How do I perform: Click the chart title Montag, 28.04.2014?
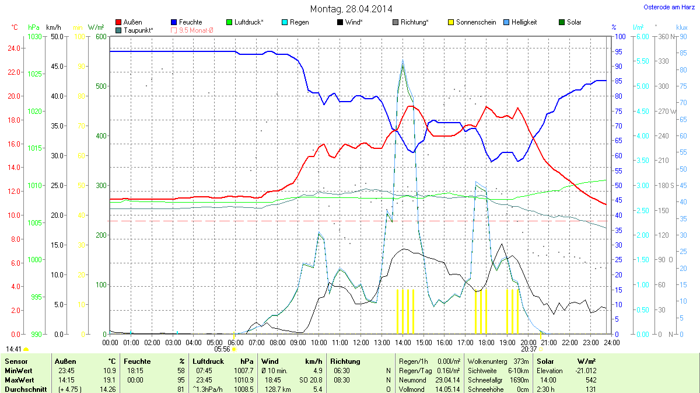pos(351,9)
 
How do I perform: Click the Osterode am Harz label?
pos(665,7)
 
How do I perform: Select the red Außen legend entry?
pos(129,22)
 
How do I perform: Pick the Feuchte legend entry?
pos(187,22)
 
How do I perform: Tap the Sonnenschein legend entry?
pos(472,22)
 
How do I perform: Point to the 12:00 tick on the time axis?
pos(361,342)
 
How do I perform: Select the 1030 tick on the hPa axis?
pos(34,37)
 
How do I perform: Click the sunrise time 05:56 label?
pos(222,349)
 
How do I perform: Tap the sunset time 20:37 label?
pos(529,349)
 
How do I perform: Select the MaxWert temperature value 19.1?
pos(110,380)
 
